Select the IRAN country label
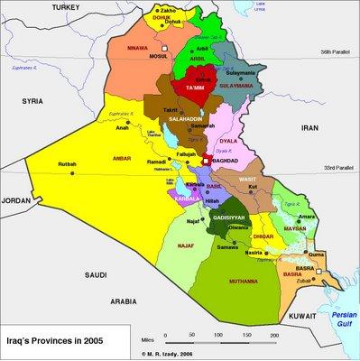[310, 130]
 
